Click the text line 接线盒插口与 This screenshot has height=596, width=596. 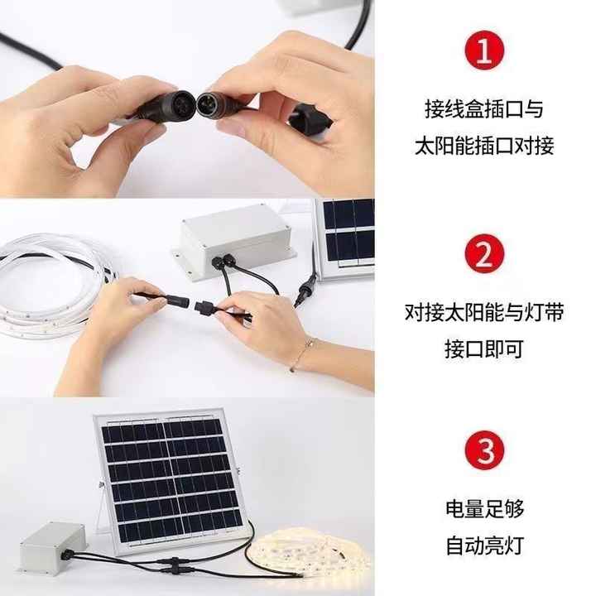point(484,109)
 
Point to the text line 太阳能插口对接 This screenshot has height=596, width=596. point(484,147)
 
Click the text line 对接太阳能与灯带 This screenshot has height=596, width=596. point(484,312)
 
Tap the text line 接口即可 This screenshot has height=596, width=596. point(484,348)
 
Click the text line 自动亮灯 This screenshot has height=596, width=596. point(484,546)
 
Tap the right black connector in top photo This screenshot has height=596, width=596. point(217,106)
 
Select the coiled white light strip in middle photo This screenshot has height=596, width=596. point(50,281)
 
